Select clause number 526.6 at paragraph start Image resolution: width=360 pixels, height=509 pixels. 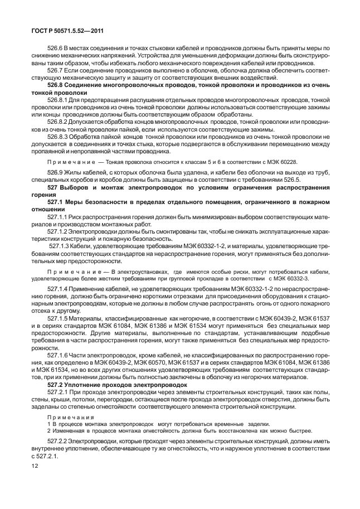[56, 49]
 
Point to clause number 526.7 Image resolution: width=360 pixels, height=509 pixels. [56, 71]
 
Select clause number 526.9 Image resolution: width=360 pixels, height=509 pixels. [56, 173]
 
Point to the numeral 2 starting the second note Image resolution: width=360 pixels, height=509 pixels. [48, 430]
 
